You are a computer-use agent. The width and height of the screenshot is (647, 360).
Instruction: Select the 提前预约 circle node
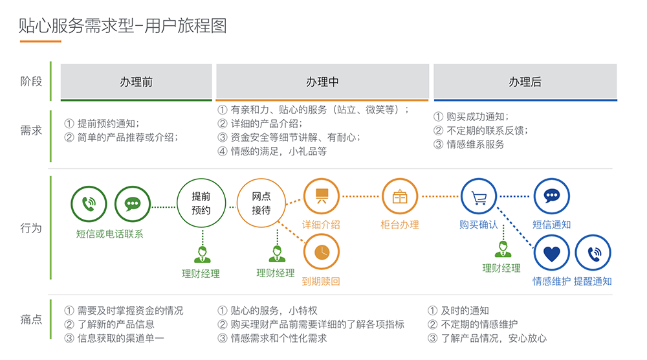tap(201, 203)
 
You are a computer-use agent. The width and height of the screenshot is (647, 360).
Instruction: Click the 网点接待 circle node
tap(261, 203)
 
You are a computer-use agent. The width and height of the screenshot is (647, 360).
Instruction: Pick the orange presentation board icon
tap(322, 196)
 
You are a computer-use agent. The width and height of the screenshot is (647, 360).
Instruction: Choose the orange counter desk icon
tap(400, 196)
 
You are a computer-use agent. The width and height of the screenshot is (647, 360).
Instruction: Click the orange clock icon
tap(322, 252)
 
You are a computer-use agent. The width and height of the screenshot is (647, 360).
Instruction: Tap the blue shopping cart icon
tap(479, 196)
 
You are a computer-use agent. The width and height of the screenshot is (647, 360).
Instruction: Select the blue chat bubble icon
tap(551, 196)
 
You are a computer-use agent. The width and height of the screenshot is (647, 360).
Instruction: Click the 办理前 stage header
tap(136, 82)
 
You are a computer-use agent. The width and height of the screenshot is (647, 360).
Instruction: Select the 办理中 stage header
tap(322, 82)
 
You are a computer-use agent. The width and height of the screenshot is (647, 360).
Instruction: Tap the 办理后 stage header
tap(525, 82)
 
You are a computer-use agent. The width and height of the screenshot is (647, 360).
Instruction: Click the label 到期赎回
tap(321, 282)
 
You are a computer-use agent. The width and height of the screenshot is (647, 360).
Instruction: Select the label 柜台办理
tap(400, 225)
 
